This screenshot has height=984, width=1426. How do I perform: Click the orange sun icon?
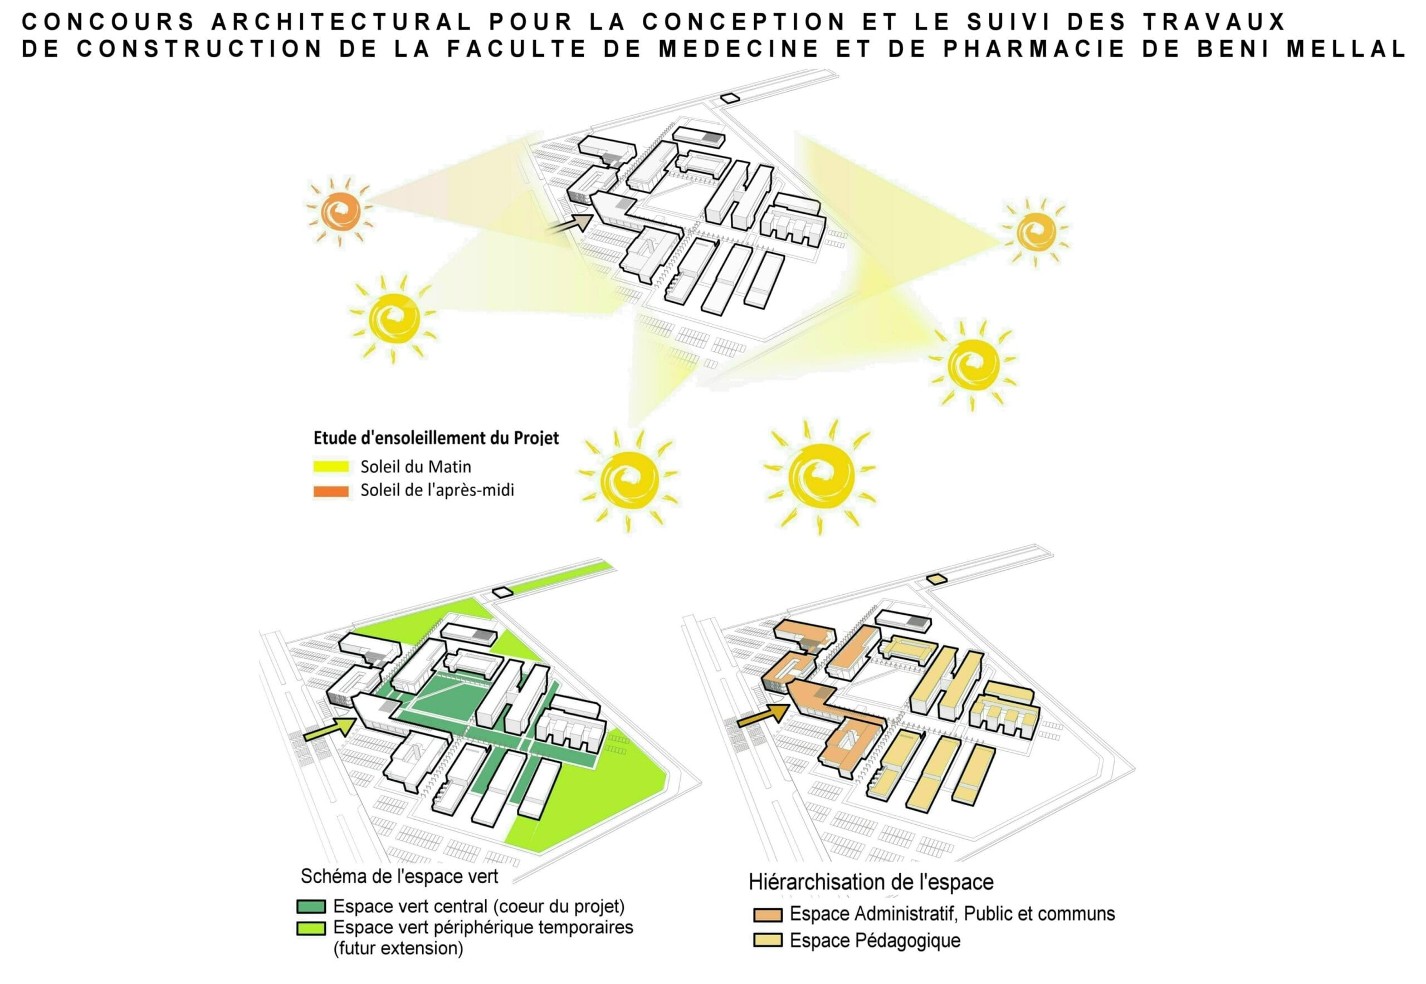point(340,212)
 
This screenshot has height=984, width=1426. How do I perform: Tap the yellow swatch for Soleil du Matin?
point(331,467)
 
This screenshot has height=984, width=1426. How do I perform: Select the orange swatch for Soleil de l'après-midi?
point(331,491)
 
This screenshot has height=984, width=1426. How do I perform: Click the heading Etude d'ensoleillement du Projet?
point(436,438)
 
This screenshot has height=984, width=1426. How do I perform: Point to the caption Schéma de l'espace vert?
point(399,876)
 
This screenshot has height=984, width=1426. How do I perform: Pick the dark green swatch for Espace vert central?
point(311,907)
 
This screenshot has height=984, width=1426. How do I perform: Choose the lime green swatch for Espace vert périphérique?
point(311,928)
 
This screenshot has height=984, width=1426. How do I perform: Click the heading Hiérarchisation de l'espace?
point(871,882)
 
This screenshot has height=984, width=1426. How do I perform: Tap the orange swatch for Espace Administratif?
point(767,915)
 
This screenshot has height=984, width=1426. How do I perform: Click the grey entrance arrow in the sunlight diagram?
point(570,223)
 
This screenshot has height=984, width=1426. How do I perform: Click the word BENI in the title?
point(1235,48)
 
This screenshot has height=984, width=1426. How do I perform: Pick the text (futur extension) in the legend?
point(398,948)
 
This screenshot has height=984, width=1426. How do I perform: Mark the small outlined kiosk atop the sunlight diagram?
point(730,97)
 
